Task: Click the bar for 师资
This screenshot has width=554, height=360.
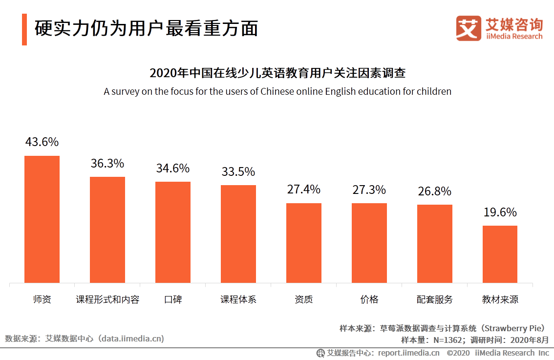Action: coord(42,219)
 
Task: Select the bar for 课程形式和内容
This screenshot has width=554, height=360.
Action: coord(107,230)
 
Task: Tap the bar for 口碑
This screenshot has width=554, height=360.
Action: coord(173,232)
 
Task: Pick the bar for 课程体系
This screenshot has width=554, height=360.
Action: coord(238,234)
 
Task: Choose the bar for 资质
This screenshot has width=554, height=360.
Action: coord(304,243)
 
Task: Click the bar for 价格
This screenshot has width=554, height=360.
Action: coord(369,243)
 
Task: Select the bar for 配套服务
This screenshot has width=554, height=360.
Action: coord(435,244)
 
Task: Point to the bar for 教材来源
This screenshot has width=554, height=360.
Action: coord(500,254)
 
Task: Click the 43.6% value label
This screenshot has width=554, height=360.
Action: coord(42,142)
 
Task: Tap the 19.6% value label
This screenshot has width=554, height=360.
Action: coord(500,212)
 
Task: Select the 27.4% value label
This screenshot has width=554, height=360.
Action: coord(304,190)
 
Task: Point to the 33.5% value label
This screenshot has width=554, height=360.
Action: coord(238,172)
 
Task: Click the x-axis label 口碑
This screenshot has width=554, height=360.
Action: coord(173,299)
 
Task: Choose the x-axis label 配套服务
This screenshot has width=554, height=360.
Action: coord(435,299)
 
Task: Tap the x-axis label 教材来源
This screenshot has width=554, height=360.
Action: coord(500,299)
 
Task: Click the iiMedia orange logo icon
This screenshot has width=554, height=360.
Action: coord(469,28)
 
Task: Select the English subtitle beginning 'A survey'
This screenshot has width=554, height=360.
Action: coord(277,91)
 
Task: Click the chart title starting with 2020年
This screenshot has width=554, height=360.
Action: coord(277,73)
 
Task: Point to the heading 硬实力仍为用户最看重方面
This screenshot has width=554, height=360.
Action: coord(146,29)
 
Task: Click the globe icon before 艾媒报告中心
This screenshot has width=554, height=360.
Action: coord(320,353)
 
